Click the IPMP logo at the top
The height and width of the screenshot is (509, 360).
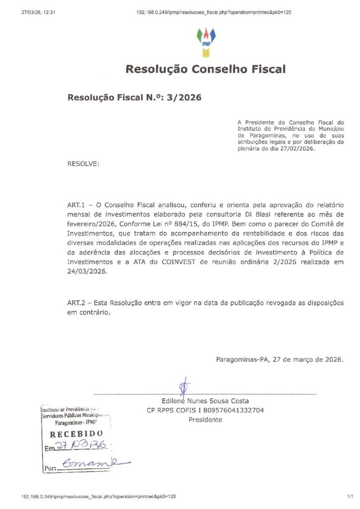(x=206, y=41)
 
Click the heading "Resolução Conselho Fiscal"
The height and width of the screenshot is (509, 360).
(x=205, y=69)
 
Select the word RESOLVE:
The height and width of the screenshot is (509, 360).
(x=83, y=164)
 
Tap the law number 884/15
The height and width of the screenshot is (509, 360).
(x=180, y=224)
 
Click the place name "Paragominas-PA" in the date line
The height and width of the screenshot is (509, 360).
(x=240, y=359)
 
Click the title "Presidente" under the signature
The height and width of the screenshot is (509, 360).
(x=205, y=420)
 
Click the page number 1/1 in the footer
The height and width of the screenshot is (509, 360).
(x=350, y=497)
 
